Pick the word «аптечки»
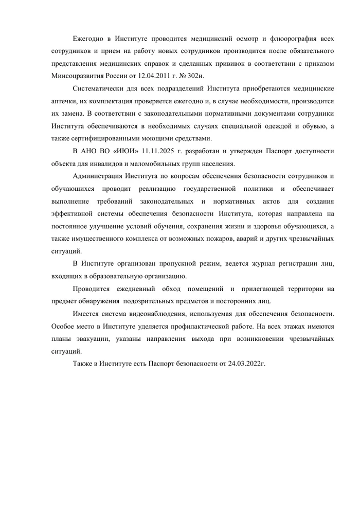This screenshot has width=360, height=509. [x=64, y=102]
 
